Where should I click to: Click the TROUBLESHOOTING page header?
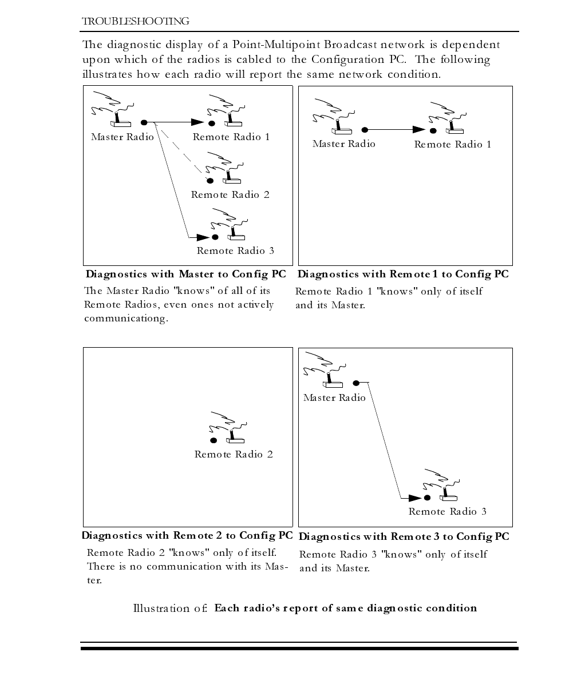(136, 22)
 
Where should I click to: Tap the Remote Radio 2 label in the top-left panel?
(230, 195)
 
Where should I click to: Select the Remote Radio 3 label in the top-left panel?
(235, 251)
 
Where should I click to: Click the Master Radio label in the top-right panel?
(343, 144)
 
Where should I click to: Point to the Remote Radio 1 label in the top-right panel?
(452, 145)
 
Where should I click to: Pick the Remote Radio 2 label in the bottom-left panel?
(234, 455)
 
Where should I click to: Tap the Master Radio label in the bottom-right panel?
(334, 398)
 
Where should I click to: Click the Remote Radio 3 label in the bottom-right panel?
(447, 512)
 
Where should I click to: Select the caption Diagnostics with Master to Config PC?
(185, 275)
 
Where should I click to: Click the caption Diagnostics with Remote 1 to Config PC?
(403, 275)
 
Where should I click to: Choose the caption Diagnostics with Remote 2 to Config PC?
(187, 536)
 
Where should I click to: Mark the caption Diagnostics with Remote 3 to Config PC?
(404, 537)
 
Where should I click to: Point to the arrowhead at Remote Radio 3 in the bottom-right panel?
(415, 498)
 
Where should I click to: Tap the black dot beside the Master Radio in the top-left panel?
(144, 122)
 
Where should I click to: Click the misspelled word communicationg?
(126, 319)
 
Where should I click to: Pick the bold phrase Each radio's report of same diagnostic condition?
(345, 608)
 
